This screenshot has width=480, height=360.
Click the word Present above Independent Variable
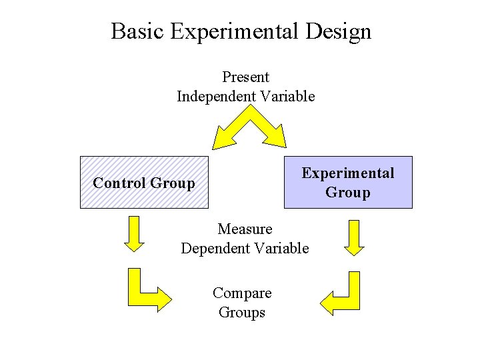(245, 77)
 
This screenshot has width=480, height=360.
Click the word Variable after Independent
(287, 97)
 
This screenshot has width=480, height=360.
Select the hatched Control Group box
(144, 182)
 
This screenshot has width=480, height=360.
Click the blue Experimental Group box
(348, 182)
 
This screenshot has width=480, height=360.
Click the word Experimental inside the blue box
(348, 173)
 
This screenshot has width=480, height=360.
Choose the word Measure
(245, 229)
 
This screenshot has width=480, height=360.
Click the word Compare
(242, 293)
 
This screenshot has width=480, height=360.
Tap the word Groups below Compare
(242, 313)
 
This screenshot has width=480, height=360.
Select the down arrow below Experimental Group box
(355, 237)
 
